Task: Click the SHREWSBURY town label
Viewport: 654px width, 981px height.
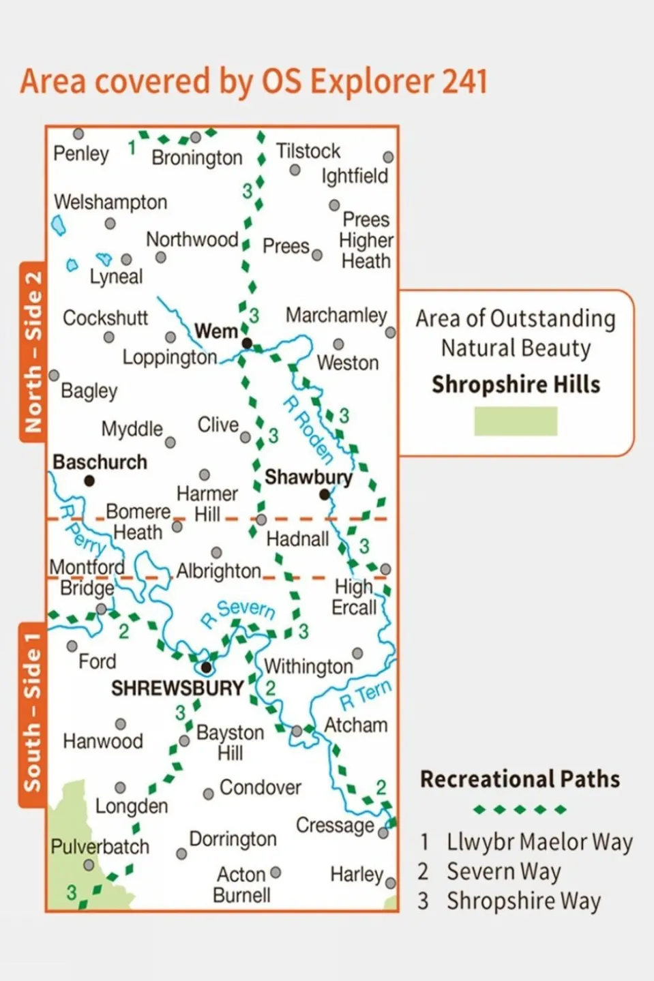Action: (x=177, y=689)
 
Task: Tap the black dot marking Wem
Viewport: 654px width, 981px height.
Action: (x=247, y=343)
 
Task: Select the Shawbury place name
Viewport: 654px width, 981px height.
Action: (x=308, y=477)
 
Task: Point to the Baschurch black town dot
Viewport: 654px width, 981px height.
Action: (x=89, y=481)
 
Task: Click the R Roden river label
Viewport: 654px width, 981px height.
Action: (x=308, y=430)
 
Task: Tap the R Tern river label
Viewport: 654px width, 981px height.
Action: (x=366, y=695)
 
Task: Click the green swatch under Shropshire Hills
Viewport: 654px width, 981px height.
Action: (x=516, y=421)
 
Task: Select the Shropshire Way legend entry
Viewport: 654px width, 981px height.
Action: (x=523, y=901)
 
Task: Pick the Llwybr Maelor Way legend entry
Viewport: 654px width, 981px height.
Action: (x=539, y=842)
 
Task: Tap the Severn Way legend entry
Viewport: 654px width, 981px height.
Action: (x=503, y=871)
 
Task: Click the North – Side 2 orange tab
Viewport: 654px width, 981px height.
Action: (x=33, y=352)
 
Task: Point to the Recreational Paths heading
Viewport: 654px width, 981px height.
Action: (x=520, y=779)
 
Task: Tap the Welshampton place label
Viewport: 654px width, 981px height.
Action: (x=110, y=202)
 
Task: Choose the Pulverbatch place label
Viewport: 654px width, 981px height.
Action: (x=100, y=847)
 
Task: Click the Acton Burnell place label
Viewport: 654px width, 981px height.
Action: (x=241, y=884)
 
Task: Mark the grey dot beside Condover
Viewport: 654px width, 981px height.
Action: (x=208, y=794)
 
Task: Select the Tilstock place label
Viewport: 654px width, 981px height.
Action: (x=308, y=151)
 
